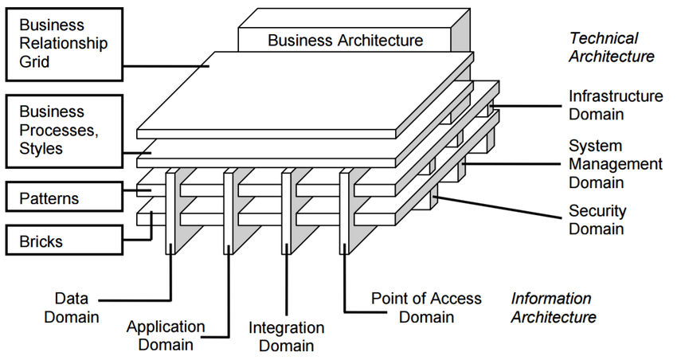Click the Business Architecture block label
[345, 40]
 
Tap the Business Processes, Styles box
[65, 130]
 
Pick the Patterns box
[65, 198]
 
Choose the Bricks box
[65, 240]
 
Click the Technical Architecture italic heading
[611, 47]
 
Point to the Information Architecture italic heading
[553, 307]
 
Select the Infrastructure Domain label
[615, 105]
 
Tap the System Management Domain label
[615, 164]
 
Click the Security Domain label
[597, 220]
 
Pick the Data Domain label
[72, 307]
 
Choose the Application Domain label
[166, 335]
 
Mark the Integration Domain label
[286, 336]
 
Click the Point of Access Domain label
[426, 307]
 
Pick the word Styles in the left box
[41, 148]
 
